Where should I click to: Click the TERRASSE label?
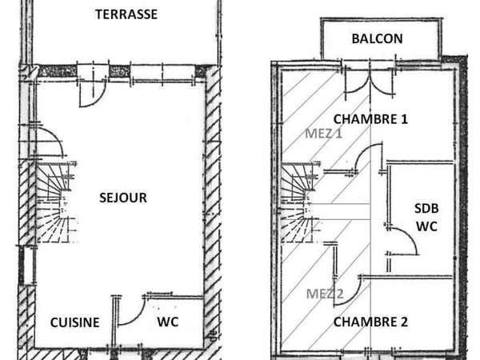click(126, 14)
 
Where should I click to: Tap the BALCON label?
click(377, 38)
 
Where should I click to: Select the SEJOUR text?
click(123, 198)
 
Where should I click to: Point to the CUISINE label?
click(75, 322)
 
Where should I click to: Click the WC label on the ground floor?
click(167, 322)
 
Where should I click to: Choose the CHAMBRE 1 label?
click(370, 119)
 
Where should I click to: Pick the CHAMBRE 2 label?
click(370, 322)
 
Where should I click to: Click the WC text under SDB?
click(426, 226)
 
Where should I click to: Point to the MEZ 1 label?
click(323, 134)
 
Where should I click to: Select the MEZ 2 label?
click(325, 293)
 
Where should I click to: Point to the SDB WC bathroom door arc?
click(405, 242)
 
